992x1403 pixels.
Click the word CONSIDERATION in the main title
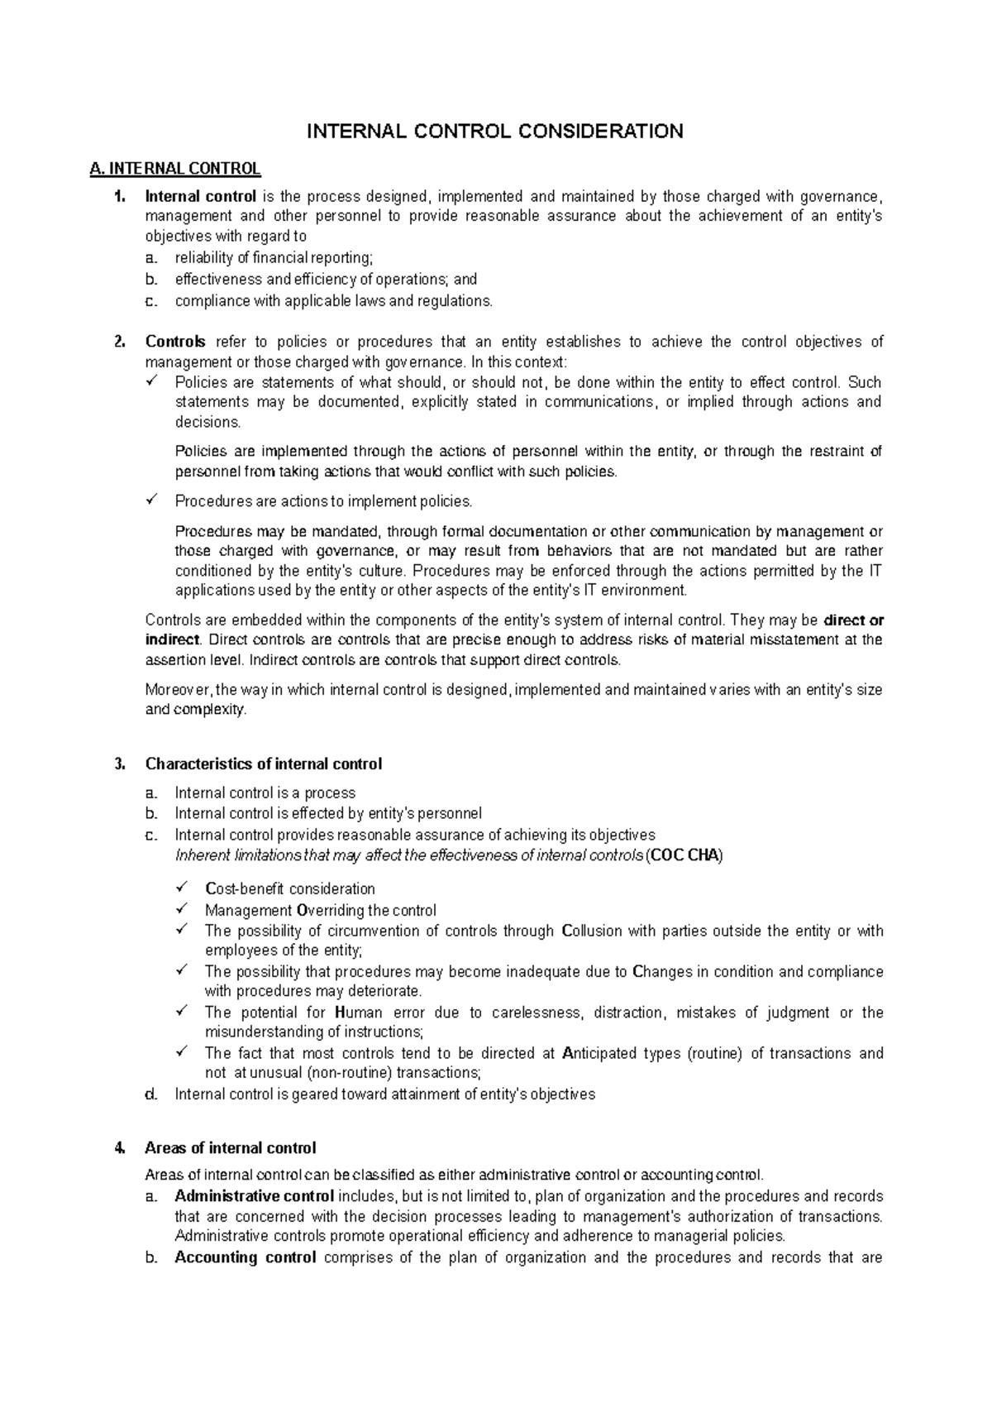click(x=598, y=131)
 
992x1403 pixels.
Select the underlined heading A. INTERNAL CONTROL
click(x=175, y=170)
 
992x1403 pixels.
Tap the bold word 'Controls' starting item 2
click(x=175, y=342)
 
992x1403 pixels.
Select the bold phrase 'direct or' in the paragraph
click(x=855, y=620)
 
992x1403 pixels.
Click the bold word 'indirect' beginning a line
click(x=172, y=640)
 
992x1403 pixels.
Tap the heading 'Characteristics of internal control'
click(x=263, y=764)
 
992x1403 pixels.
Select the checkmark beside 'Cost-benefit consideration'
click(x=183, y=888)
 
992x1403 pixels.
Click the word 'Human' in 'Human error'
click(x=359, y=1013)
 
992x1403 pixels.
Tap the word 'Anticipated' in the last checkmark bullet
click(x=608, y=1054)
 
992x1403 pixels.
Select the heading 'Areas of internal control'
click(x=230, y=1148)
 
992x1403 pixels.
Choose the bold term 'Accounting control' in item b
click(x=246, y=1258)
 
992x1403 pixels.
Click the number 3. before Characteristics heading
click(x=120, y=764)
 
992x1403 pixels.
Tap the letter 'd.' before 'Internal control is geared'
click(x=150, y=1094)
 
